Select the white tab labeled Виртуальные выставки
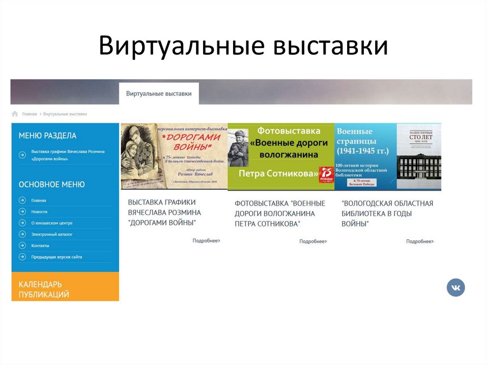[159, 93]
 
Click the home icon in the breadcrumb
[15, 114]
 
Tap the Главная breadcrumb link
[29, 114]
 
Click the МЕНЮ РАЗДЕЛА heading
[48, 136]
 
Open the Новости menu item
[39, 211]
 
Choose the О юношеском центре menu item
[52, 223]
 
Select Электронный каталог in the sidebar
[52, 234]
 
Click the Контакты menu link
[40, 246]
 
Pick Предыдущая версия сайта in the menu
[57, 257]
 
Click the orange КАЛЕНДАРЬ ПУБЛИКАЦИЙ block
[65, 289]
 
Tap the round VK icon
[456, 287]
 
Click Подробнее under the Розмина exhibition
[206, 241]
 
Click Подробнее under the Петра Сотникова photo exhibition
[313, 241]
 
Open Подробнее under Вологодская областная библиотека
[420, 241]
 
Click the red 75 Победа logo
[327, 174]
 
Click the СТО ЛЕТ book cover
[419, 157]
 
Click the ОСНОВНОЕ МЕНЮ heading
[52, 185]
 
